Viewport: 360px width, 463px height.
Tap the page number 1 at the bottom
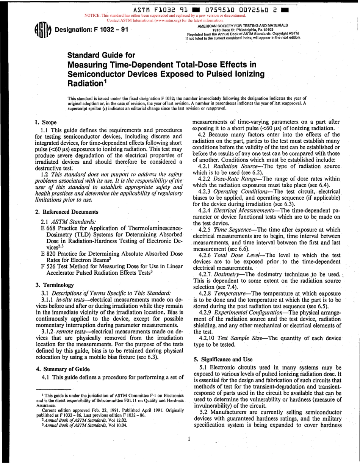pos(188,439)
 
